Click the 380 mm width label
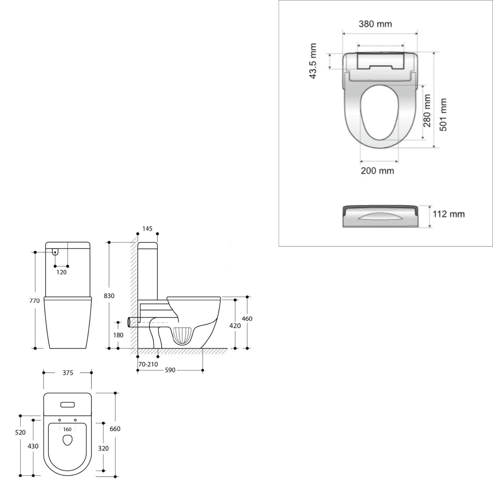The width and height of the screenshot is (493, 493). [375, 24]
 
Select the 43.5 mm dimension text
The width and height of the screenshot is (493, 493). [313, 61]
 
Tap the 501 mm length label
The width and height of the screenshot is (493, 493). [443, 115]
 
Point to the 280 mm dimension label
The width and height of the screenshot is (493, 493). [427, 111]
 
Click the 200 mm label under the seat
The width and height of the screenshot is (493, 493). [377, 170]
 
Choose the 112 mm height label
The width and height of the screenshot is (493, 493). [449, 214]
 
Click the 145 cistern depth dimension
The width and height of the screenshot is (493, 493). [147, 229]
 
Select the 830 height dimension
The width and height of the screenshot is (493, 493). [109, 296]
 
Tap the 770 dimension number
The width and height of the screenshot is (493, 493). [34, 301]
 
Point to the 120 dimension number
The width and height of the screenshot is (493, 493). [61, 272]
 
